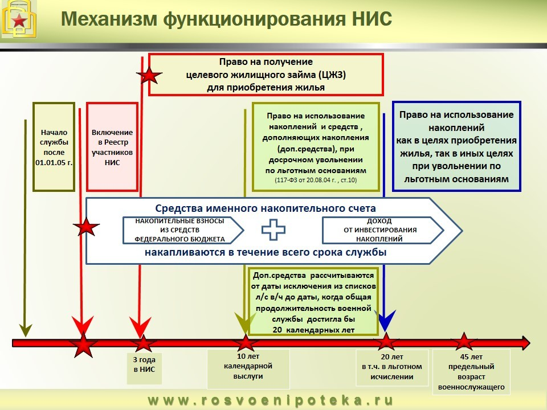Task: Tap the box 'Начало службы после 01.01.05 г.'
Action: pyautogui.click(x=54, y=147)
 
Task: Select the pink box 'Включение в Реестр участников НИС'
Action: pyautogui.click(x=112, y=147)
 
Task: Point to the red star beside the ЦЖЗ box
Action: pyautogui.click(x=149, y=74)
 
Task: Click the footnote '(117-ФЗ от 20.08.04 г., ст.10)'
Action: pyautogui.click(x=316, y=181)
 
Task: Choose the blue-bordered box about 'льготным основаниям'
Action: pyautogui.click(x=456, y=146)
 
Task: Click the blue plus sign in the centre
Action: pyautogui.click(x=273, y=229)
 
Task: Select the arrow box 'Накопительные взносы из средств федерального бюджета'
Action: pyautogui.click(x=183, y=230)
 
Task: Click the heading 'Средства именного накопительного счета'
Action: pyautogui.click(x=266, y=208)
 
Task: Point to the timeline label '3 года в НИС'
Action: pyautogui.click(x=144, y=364)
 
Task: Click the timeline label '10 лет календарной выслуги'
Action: pyautogui.click(x=248, y=366)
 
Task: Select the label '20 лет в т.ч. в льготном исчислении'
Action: pyautogui.click(x=392, y=367)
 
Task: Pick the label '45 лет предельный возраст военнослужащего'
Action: pyautogui.click(x=471, y=372)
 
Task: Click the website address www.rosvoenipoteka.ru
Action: pyautogui.click(x=271, y=400)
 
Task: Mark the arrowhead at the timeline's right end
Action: pyautogui.click(x=525, y=343)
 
